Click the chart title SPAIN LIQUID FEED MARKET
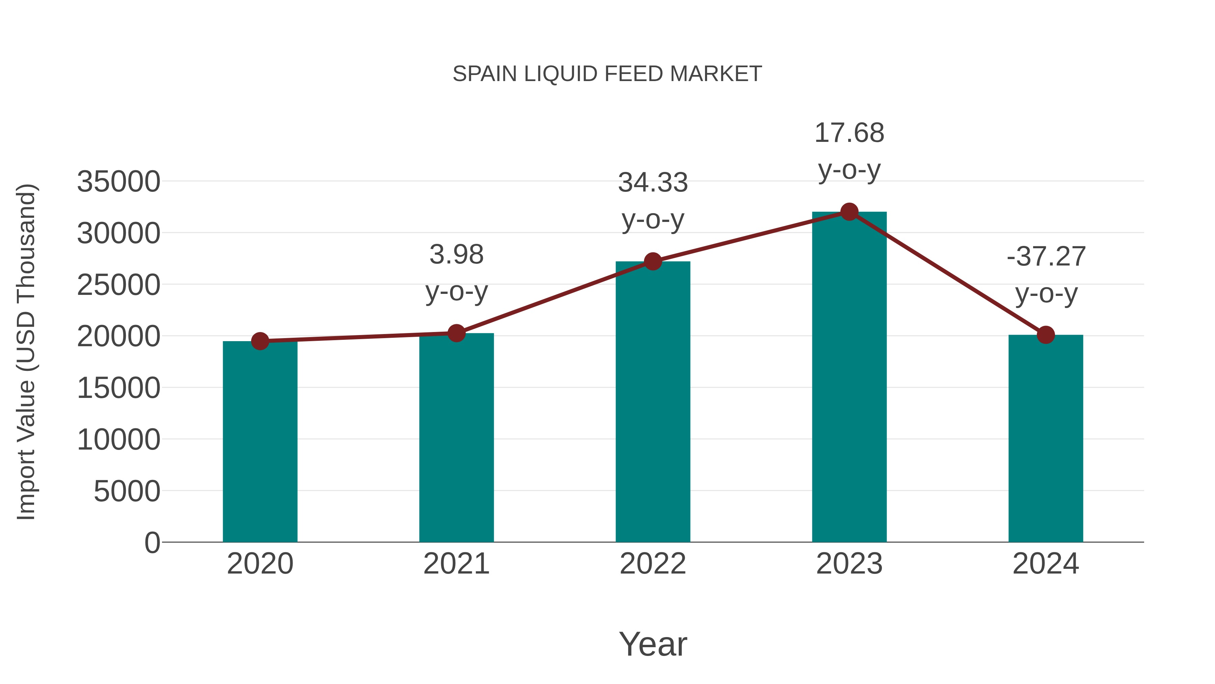[x=607, y=74]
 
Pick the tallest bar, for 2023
[x=849, y=378]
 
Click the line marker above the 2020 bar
[x=260, y=341]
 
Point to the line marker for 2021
[x=456, y=333]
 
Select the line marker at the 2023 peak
[x=849, y=212]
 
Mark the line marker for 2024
[x=1046, y=335]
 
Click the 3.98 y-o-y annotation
[x=456, y=273]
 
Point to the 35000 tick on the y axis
[x=118, y=182]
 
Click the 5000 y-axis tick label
[x=127, y=491]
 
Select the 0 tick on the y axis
[x=152, y=543]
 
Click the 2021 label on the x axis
[x=456, y=564]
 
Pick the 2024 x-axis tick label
[x=1046, y=564]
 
